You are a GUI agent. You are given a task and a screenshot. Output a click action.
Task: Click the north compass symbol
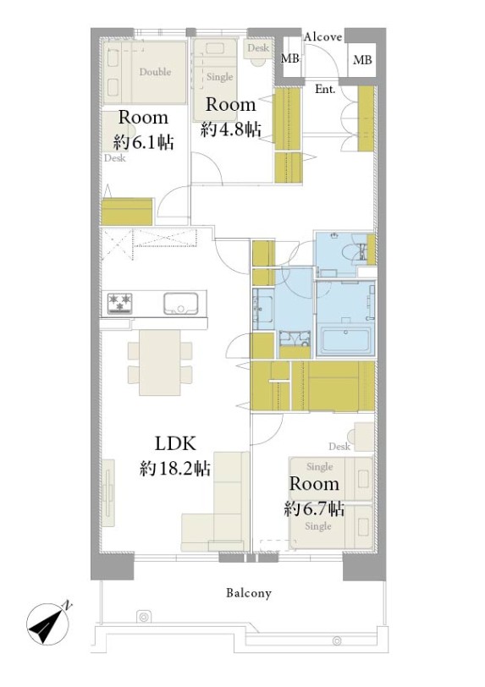pyautogui.click(x=47, y=624)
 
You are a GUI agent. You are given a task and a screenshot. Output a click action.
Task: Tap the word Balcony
pyautogui.click(x=249, y=594)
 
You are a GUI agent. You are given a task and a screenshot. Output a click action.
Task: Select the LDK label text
pyautogui.click(x=175, y=444)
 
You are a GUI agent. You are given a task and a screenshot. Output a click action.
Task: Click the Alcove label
pyautogui.click(x=322, y=37)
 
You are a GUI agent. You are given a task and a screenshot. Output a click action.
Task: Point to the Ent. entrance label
pyautogui.click(x=325, y=90)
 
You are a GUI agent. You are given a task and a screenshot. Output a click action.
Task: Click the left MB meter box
pyautogui.click(x=290, y=58)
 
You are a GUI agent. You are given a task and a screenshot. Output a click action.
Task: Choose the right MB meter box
pyautogui.click(x=362, y=60)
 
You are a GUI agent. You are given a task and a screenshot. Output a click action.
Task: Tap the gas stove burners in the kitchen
pyautogui.click(x=120, y=303)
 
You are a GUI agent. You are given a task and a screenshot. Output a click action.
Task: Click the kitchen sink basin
pyautogui.click(x=180, y=303)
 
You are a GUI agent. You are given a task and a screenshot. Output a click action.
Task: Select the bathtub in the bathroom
pyautogui.click(x=345, y=340)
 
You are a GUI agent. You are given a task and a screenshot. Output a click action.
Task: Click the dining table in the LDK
pyautogui.click(x=160, y=362)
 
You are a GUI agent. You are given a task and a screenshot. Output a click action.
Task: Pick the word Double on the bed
pyautogui.click(x=155, y=72)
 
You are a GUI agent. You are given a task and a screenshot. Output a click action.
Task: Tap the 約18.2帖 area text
pyautogui.click(x=175, y=469)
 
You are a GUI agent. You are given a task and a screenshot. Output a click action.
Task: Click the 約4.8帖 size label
pyautogui.click(x=231, y=129)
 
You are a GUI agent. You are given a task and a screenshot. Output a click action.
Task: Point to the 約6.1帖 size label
pyautogui.click(x=144, y=143)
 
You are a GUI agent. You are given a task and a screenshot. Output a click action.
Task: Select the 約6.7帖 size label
pyautogui.click(x=314, y=509)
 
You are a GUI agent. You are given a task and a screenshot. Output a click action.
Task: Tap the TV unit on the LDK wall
pyautogui.click(x=107, y=493)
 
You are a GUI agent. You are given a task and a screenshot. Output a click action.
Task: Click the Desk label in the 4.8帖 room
pyautogui.click(x=258, y=47)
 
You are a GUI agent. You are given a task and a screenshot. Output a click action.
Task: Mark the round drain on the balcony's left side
pyautogui.click(x=143, y=617)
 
